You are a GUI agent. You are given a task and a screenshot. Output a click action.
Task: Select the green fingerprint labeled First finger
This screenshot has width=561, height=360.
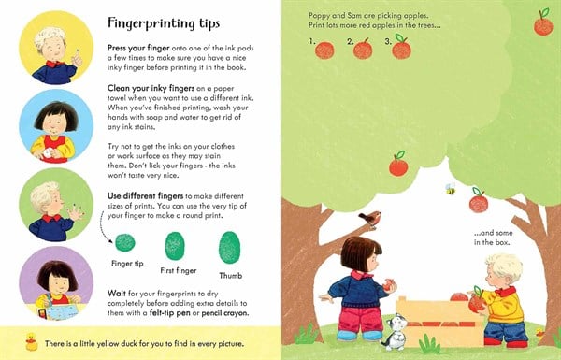pyautogui.click(x=175, y=247)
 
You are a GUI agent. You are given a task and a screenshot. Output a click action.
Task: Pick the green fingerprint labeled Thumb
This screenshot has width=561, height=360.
pyautogui.click(x=229, y=247)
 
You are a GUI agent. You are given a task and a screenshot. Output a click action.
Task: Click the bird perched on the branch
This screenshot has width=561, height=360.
pyautogui.click(x=371, y=219)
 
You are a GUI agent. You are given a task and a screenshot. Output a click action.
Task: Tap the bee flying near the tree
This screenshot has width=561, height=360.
pyautogui.click(x=450, y=188)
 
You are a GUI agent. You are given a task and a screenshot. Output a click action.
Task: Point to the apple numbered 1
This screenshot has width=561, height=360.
pyautogui.click(x=324, y=48)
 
